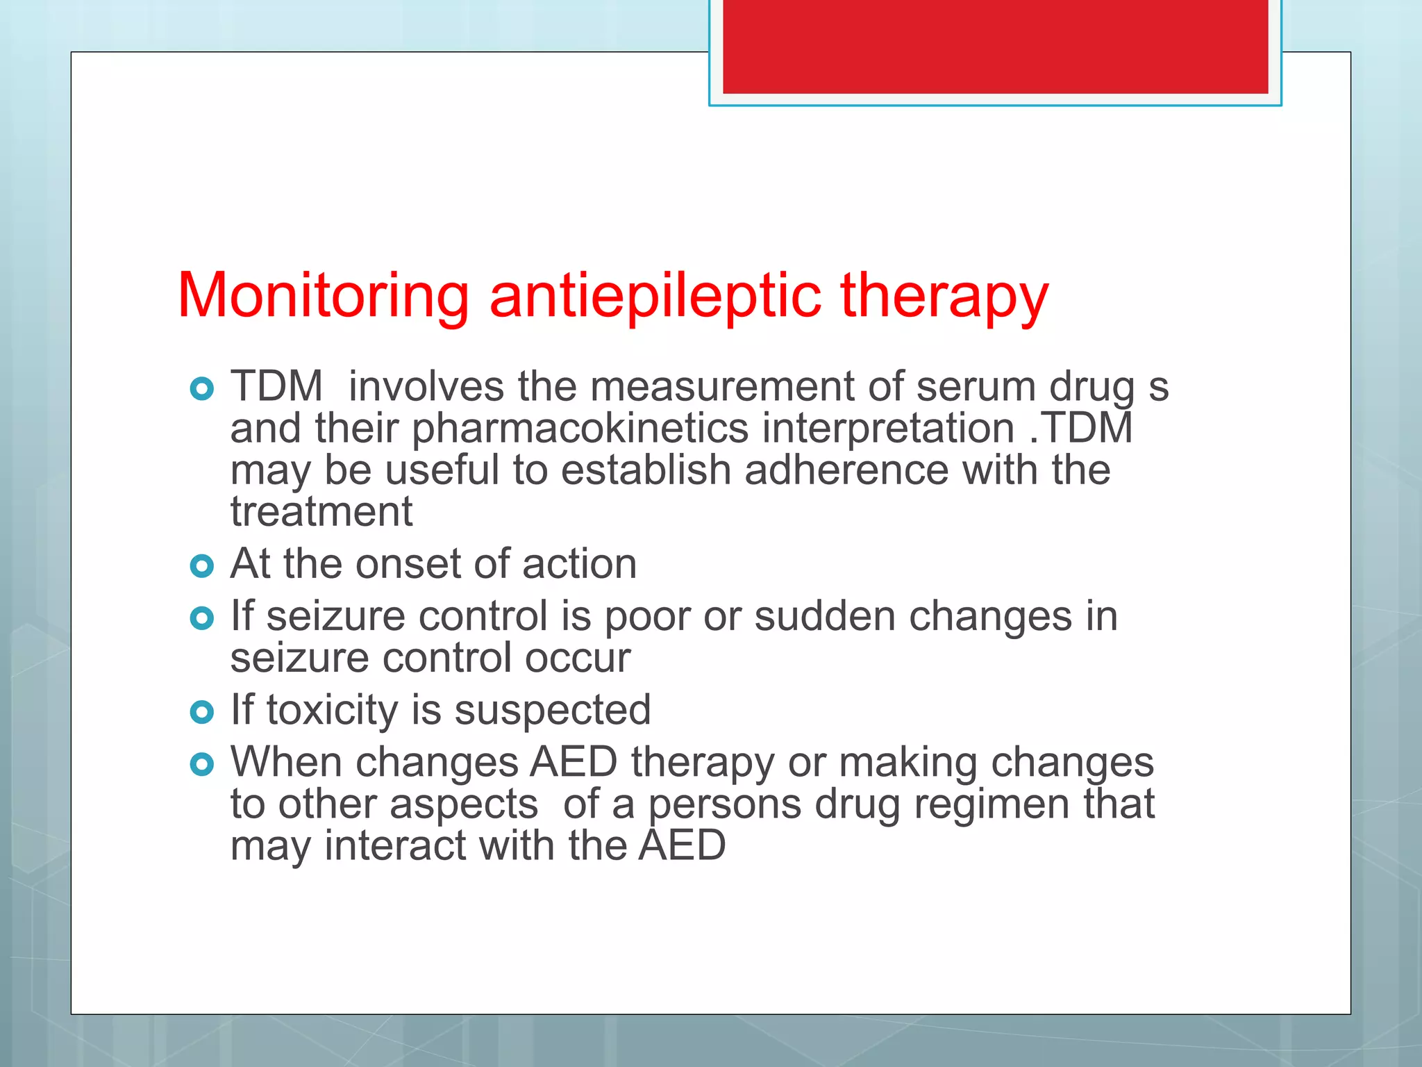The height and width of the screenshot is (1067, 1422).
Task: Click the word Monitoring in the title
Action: pos(323,297)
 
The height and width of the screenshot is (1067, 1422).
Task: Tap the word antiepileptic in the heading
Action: pos(655,297)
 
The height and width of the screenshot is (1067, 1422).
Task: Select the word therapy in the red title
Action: pos(944,297)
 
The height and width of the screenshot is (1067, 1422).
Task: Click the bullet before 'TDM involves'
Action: pos(201,389)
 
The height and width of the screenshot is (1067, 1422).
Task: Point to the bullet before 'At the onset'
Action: pos(201,566)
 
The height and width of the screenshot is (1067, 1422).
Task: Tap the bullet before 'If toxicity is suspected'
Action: pos(201,712)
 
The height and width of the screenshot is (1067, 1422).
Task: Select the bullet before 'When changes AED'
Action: pos(201,765)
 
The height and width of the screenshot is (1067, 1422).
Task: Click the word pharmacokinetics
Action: pos(580,429)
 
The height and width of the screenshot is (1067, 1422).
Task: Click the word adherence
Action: pos(846,470)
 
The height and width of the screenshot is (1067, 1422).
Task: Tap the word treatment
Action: pos(321,512)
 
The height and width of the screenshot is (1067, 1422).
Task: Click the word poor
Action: pos(647,617)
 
